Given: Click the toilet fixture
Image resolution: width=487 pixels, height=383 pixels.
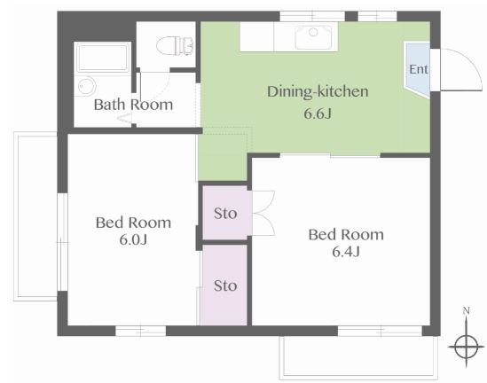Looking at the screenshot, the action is pos(175,46).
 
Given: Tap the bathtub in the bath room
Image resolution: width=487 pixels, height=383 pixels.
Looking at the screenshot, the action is pos(103,58).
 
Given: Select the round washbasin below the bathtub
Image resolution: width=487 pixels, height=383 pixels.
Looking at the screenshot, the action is pos(86,85).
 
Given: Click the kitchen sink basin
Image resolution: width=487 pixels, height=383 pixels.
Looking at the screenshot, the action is pos(313,36).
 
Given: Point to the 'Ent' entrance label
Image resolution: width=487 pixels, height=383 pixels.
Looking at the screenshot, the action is pos(419,69).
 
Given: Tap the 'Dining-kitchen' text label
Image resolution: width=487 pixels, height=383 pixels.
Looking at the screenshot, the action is pos(318,92).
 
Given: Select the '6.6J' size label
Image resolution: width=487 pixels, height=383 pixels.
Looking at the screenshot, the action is pos(318,113).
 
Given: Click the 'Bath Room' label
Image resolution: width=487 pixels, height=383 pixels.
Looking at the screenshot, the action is pos(133,105).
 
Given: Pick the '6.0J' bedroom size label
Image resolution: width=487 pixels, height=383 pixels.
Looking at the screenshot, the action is pos(133,239).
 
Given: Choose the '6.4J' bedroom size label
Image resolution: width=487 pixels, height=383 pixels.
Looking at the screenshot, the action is pos(346,252).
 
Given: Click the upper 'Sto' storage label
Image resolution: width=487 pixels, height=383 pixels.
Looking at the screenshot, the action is pos(225,214).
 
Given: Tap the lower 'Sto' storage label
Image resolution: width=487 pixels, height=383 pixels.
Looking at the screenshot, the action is pos(225,285).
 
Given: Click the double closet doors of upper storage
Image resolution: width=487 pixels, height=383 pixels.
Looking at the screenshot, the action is pos(263,214).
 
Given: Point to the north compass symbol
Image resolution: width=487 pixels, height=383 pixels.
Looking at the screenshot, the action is pos(467,347).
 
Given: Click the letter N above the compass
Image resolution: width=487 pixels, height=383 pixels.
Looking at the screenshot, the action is pos(467,310).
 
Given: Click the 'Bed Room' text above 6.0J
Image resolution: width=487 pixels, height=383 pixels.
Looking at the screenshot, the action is pos(133,223).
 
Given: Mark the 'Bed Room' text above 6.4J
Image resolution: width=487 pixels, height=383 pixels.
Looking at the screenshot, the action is pos(346,235).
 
